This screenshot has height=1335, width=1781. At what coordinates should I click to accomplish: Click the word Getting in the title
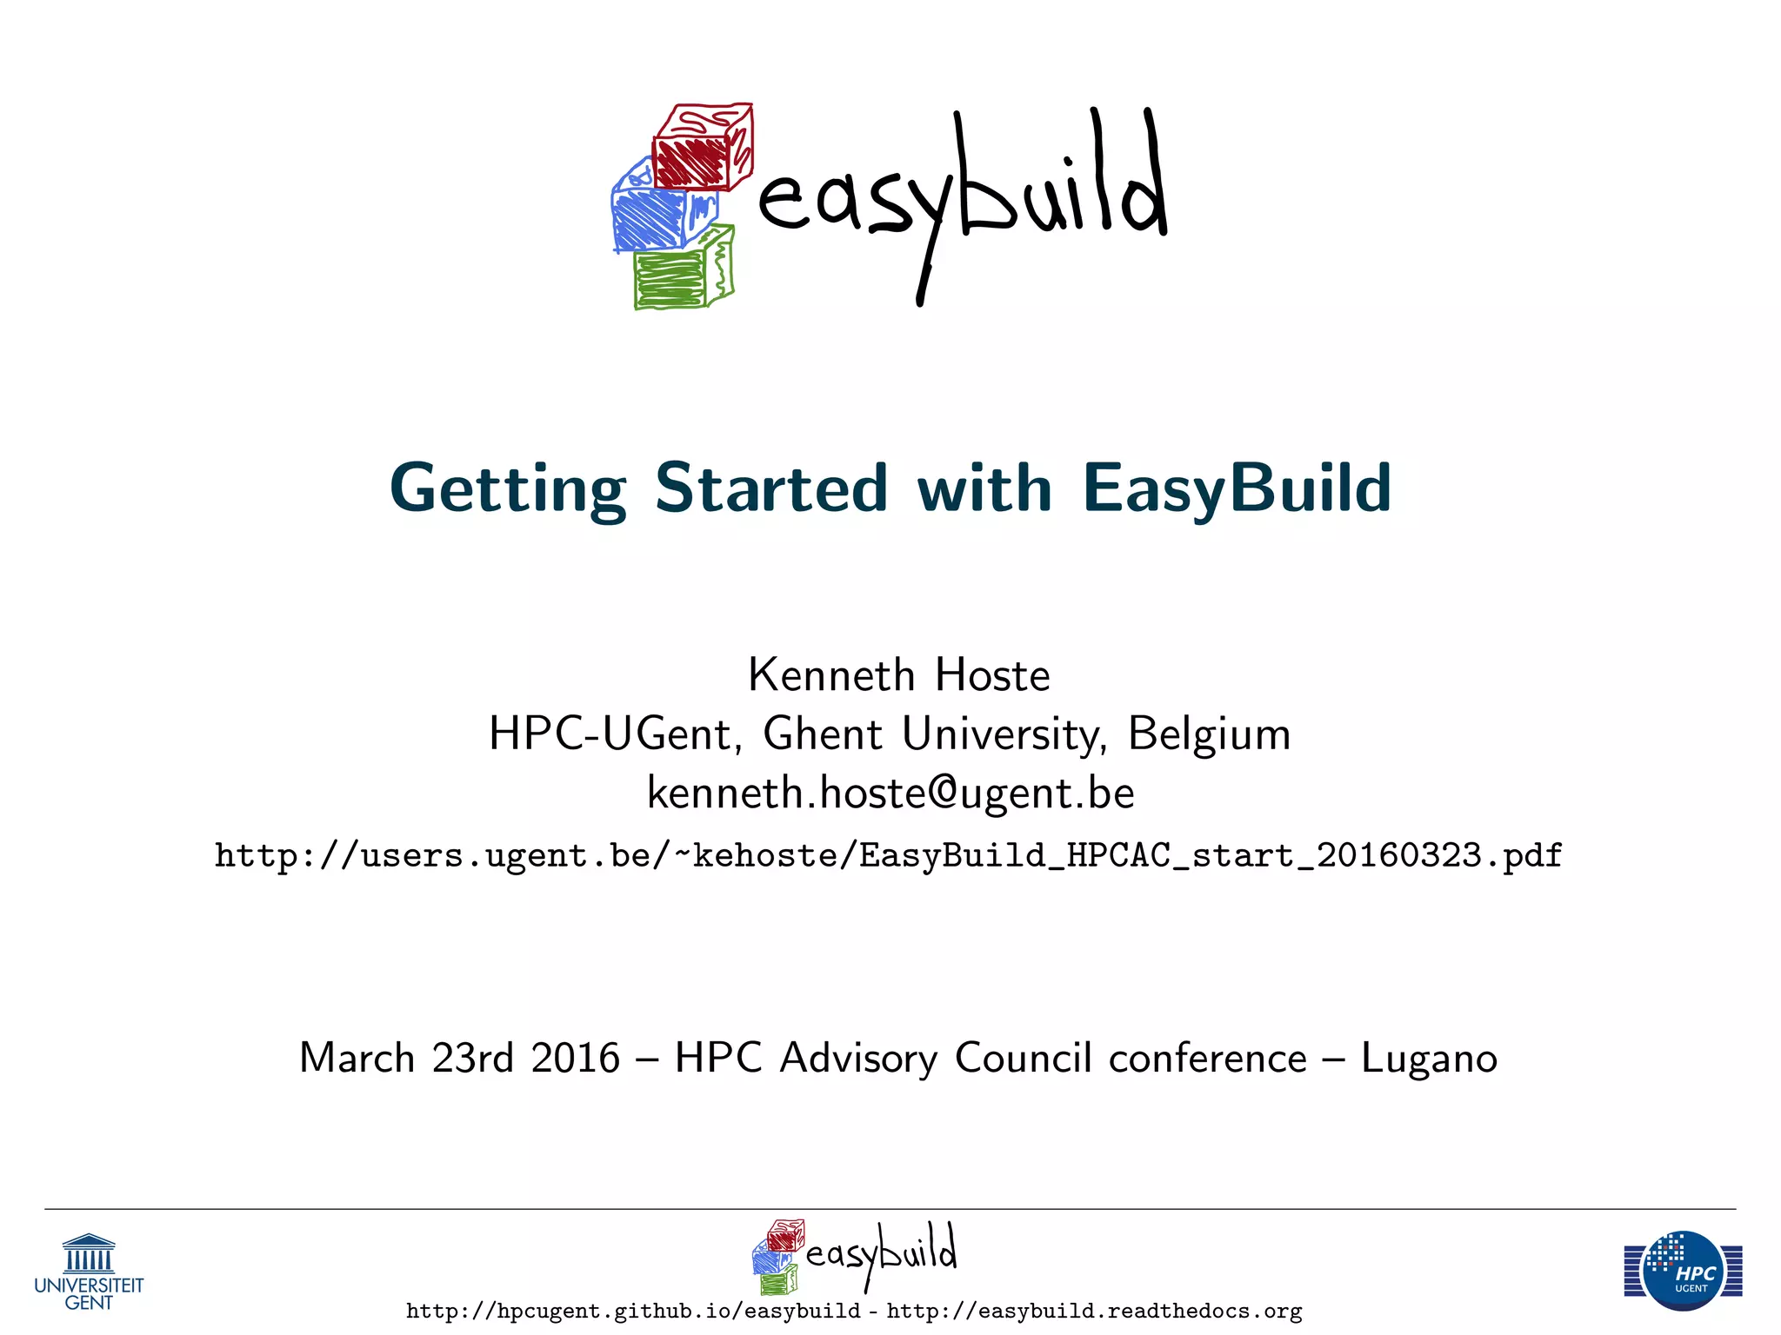(508, 488)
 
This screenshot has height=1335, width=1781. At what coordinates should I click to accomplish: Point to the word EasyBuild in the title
(1237, 488)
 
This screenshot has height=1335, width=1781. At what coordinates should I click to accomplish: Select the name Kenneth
(831, 675)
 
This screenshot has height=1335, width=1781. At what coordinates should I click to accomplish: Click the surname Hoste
(992, 675)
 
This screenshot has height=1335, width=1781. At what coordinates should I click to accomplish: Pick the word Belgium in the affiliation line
(1209, 734)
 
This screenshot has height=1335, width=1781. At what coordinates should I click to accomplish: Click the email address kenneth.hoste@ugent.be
(890, 793)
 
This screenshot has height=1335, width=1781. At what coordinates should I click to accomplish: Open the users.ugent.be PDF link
(888, 856)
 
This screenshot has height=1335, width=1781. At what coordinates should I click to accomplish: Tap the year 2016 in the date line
(576, 1059)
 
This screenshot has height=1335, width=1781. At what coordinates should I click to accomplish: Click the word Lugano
(1429, 1059)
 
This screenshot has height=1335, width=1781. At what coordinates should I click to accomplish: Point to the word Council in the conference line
(1023, 1059)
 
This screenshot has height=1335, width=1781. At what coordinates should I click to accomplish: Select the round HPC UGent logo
(1684, 1271)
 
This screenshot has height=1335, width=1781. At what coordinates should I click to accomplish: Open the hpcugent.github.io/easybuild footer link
(633, 1312)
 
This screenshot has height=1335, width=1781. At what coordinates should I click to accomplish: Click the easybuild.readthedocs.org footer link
(1094, 1312)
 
